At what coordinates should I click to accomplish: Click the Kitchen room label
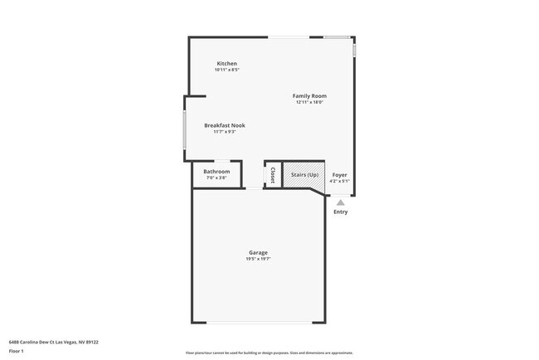point(226,64)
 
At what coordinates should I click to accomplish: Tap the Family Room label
point(308,96)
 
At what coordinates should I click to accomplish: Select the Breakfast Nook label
point(225,125)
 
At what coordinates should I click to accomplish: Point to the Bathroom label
point(216,172)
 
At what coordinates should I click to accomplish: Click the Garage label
point(258,252)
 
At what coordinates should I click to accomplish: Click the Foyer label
point(339,175)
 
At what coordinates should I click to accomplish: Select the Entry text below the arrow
point(341,212)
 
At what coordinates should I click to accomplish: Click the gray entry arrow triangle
point(341,202)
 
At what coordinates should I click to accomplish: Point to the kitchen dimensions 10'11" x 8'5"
point(226,71)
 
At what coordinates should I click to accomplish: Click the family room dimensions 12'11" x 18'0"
point(308,103)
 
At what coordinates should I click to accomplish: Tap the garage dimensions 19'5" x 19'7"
point(258,259)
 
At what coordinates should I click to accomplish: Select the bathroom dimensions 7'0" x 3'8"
point(216,178)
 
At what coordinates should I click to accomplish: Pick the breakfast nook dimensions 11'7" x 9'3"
point(225,132)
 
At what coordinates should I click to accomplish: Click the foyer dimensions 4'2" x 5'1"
point(339,181)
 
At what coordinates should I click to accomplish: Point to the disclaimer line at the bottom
point(269,353)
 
